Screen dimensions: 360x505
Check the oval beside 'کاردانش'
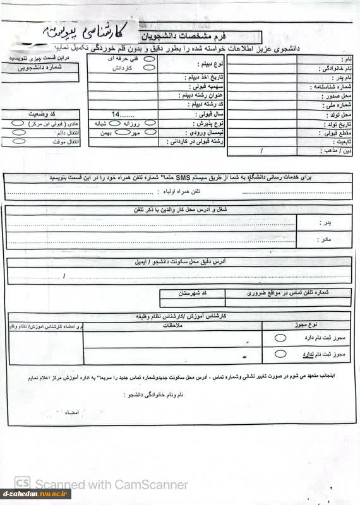click(x=150, y=68)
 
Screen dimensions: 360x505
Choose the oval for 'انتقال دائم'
click(x=19, y=133)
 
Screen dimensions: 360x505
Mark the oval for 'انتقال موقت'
click(x=19, y=143)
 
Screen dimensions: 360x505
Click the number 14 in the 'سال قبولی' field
click(x=115, y=115)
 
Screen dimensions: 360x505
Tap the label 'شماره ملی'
click(x=337, y=105)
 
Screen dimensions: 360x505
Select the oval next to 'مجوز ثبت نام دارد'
click(x=279, y=338)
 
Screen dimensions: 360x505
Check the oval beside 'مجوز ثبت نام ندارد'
click(x=279, y=355)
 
